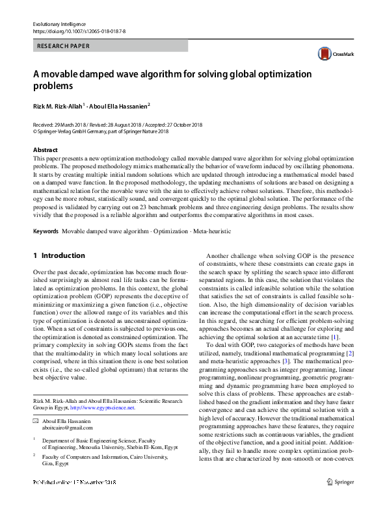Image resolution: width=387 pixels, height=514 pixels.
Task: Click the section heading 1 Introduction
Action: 59,256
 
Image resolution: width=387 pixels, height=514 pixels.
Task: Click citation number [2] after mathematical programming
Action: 349,351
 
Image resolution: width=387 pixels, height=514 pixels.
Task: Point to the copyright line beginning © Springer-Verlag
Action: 100,131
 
